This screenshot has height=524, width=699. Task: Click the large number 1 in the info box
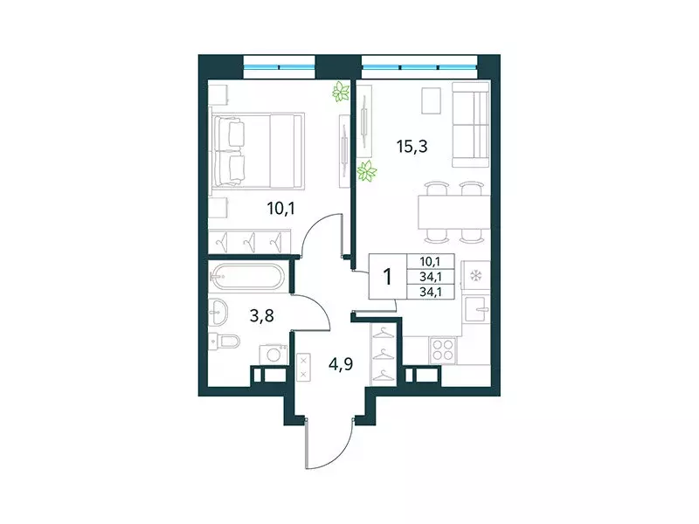tap(385, 277)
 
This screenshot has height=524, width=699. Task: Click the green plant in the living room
tap(367, 173)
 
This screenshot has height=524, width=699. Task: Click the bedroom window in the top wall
tap(278, 63)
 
